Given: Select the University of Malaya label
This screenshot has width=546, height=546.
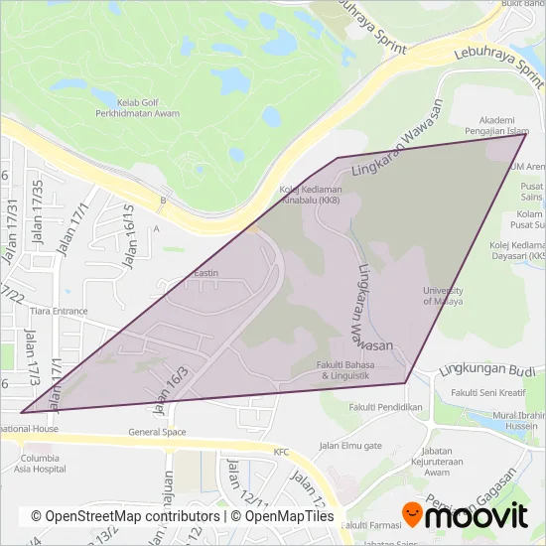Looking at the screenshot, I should click(443, 296).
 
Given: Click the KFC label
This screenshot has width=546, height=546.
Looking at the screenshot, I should click(286, 451).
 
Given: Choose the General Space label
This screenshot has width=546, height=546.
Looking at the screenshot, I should click(157, 432).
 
